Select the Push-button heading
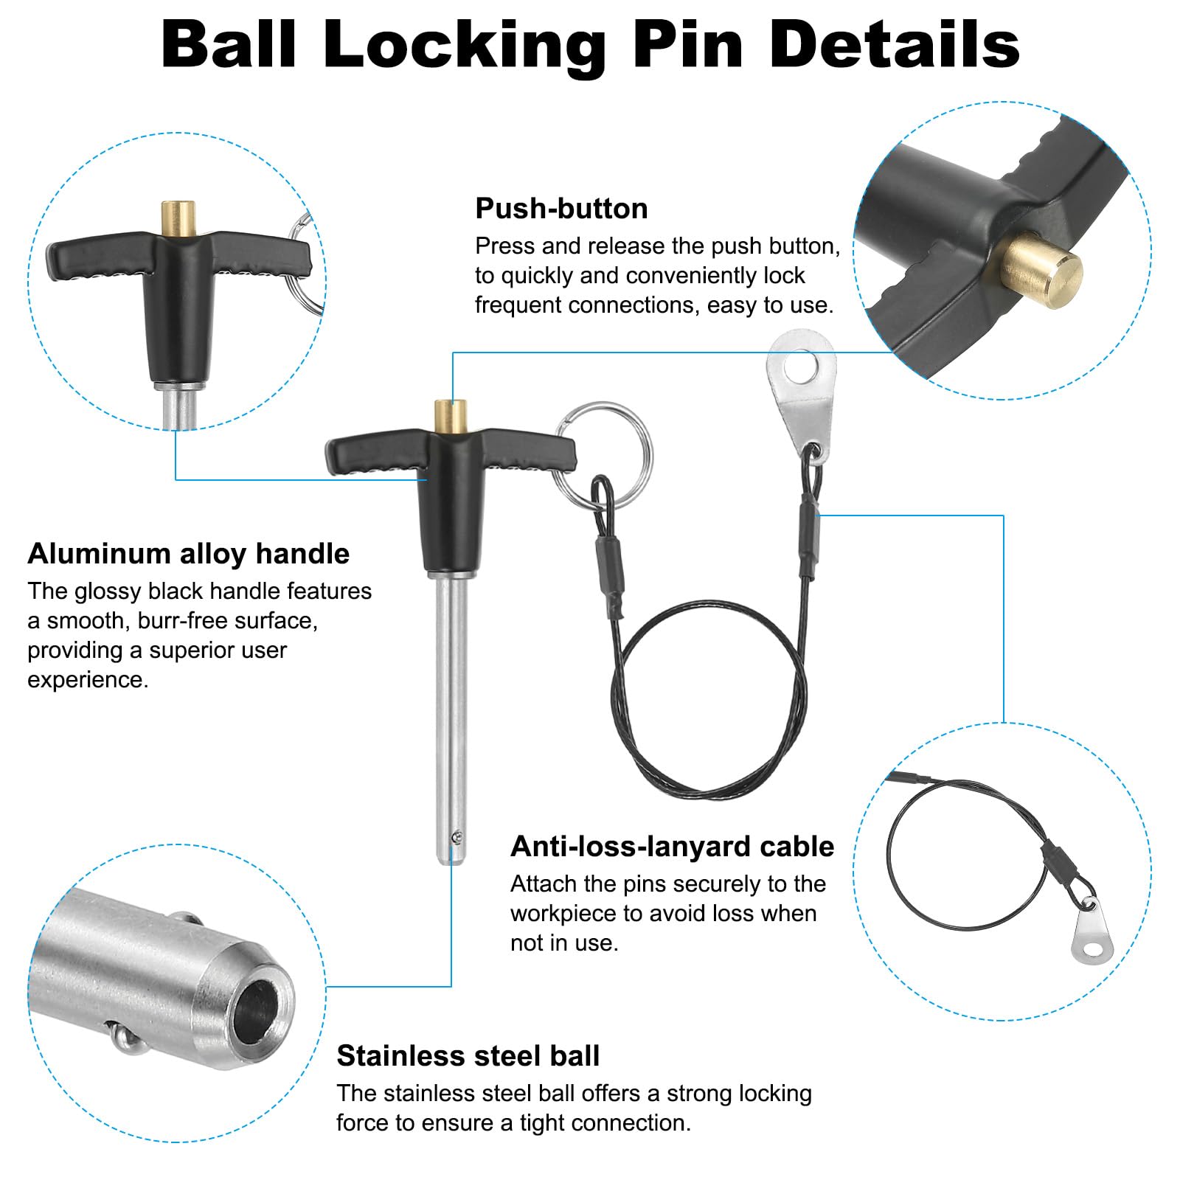[x=561, y=209]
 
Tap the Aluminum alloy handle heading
[x=189, y=554]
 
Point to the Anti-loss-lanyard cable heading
[x=672, y=847]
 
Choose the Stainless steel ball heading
[x=468, y=1056]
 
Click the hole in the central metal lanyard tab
[x=802, y=367]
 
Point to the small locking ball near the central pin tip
[x=459, y=836]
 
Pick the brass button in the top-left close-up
[x=178, y=219]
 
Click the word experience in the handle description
[x=88, y=680]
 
